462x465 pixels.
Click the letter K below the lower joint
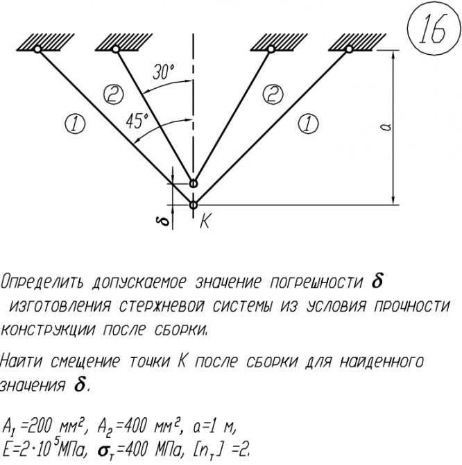[x=206, y=221]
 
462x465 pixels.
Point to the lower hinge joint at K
[x=194, y=204]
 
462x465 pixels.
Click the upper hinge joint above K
[x=194, y=184]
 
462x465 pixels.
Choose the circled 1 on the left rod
[x=74, y=124]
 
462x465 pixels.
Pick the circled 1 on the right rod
[x=305, y=124]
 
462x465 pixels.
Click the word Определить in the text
[x=41, y=283]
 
